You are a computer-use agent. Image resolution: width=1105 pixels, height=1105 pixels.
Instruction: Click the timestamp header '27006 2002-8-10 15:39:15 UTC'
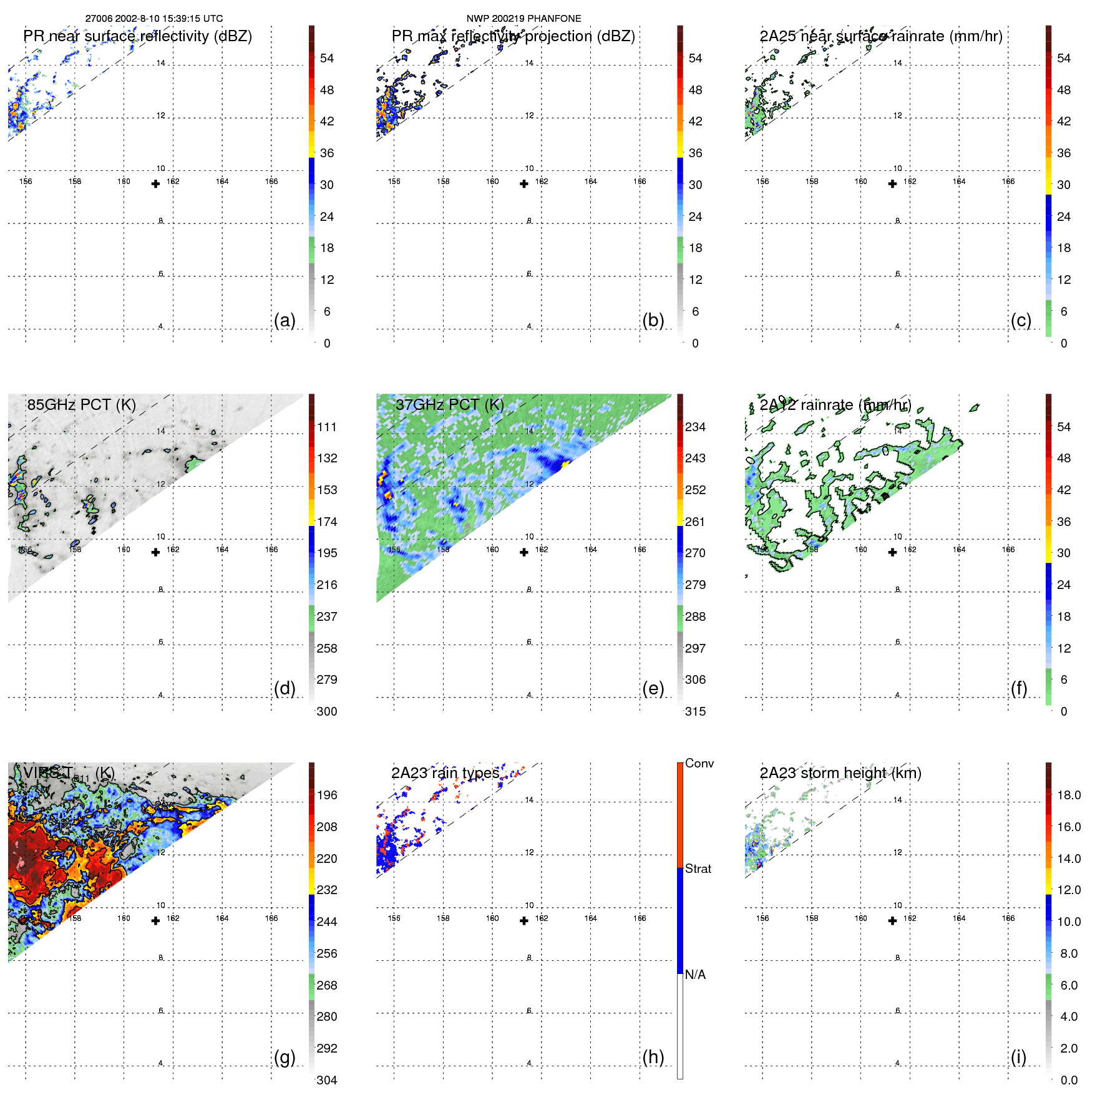point(153,19)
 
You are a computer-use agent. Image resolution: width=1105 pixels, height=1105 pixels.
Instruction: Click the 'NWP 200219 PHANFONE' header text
point(523,19)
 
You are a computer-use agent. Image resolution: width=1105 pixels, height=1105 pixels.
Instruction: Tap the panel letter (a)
point(285,320)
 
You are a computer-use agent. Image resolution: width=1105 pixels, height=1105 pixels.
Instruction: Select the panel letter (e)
point(653,688)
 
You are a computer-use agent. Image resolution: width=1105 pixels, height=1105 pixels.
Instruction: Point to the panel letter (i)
point(1018,1057)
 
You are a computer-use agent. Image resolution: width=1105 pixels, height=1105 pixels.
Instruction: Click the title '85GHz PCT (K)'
point(81,404)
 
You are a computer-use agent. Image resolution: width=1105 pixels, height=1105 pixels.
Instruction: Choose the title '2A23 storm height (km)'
point(840,773)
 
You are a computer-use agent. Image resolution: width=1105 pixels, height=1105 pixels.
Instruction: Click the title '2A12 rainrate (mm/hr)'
point(835,404)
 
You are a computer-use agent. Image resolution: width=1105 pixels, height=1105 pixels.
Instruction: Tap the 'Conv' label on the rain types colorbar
point(699,763)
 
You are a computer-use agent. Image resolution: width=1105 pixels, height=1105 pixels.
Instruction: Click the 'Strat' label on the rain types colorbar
point(698,869)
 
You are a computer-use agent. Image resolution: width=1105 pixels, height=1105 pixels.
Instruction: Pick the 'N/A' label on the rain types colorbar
point(695,975)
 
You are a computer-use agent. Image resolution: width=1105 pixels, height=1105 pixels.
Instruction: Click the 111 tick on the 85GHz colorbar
point(327,427)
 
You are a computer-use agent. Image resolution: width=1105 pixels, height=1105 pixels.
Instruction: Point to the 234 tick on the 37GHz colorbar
point(695,427)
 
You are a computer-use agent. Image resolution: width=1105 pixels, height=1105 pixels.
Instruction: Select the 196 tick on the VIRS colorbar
point(327,795)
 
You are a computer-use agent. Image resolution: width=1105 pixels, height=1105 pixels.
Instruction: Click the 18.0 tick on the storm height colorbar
point(1069,795)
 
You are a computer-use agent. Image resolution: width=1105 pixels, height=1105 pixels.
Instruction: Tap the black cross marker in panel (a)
point(155,183)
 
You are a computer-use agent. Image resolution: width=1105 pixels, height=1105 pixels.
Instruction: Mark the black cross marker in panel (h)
point(524,920)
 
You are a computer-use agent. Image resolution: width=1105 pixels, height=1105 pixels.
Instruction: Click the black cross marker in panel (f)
point(892,552)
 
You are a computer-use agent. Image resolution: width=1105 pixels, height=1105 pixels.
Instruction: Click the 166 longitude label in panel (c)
point(1008,182)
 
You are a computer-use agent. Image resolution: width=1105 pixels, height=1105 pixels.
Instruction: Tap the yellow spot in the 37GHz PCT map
point(565,464)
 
